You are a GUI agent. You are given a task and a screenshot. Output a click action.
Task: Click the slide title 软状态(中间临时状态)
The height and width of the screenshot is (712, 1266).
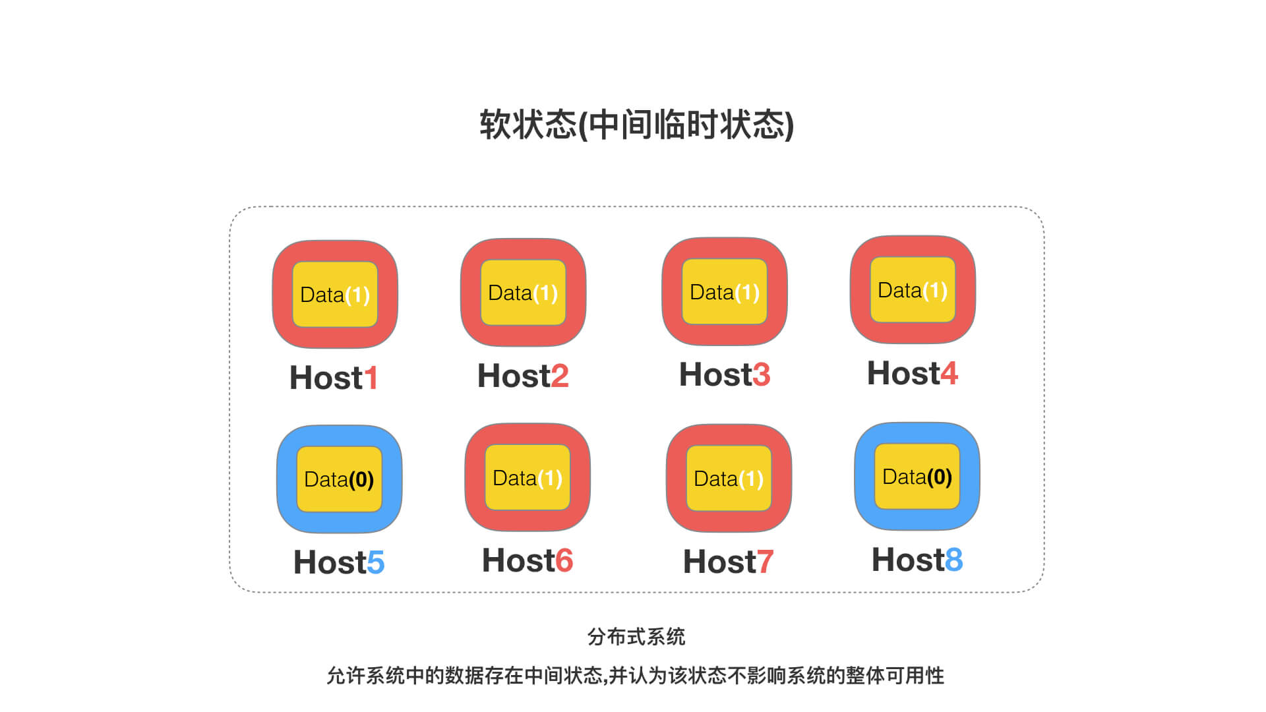coord(636,125)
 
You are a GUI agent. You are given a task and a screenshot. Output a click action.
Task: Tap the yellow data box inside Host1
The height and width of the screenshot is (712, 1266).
coord(335,294)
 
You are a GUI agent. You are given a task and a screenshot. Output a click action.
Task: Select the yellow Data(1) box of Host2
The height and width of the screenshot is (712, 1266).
coord(523,292)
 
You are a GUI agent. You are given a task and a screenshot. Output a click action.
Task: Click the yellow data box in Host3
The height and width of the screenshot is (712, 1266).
coord(725,291)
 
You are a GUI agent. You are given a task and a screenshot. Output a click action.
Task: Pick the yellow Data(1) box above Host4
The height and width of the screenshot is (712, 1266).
coord(913,289)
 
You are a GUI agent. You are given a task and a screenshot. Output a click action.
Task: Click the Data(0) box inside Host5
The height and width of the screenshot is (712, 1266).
coord(339,479)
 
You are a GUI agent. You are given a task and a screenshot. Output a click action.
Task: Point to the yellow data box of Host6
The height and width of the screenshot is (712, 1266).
coord(527,477)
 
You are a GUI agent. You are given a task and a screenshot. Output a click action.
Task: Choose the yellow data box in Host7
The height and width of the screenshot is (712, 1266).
coord(729,478)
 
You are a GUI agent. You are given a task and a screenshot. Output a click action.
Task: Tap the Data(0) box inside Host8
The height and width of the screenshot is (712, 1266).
coord(917,476)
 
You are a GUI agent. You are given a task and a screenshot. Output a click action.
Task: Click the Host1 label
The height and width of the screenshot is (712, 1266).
coord(334,378)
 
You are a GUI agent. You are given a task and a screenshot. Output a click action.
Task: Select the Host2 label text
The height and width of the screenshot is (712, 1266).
coord(523,376)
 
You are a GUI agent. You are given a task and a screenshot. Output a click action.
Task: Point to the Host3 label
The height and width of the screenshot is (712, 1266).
coord(725,374)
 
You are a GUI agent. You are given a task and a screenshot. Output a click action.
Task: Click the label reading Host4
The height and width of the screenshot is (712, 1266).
coord(913,373)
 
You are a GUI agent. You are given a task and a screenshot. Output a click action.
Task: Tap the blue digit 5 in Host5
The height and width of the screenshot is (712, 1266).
coord(376,562)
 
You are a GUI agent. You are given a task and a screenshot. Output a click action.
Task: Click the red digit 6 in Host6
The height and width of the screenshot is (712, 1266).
coord(564,560)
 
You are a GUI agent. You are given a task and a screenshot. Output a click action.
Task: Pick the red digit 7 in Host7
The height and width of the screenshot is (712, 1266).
coord(765,562)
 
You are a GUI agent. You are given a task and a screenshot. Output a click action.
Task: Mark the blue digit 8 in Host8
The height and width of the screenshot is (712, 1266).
coord(954,560)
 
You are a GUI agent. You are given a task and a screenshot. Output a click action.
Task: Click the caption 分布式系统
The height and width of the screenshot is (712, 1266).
coord(636,637)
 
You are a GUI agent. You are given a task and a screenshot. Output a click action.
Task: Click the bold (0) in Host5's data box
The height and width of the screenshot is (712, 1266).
coord(361,479)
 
